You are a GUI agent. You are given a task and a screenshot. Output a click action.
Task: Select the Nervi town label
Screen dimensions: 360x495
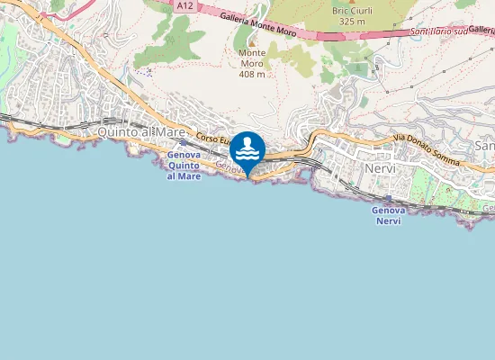[x=382, y=168]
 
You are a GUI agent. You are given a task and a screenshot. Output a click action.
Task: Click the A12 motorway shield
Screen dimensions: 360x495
[x=184, y=6]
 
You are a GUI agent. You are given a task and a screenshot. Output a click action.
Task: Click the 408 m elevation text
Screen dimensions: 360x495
[x=252, y=74]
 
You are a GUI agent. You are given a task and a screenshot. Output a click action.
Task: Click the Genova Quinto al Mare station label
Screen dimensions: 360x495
[x=184, y=166]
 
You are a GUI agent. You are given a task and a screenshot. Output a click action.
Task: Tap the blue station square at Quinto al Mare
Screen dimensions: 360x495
[x=184, y=142]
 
